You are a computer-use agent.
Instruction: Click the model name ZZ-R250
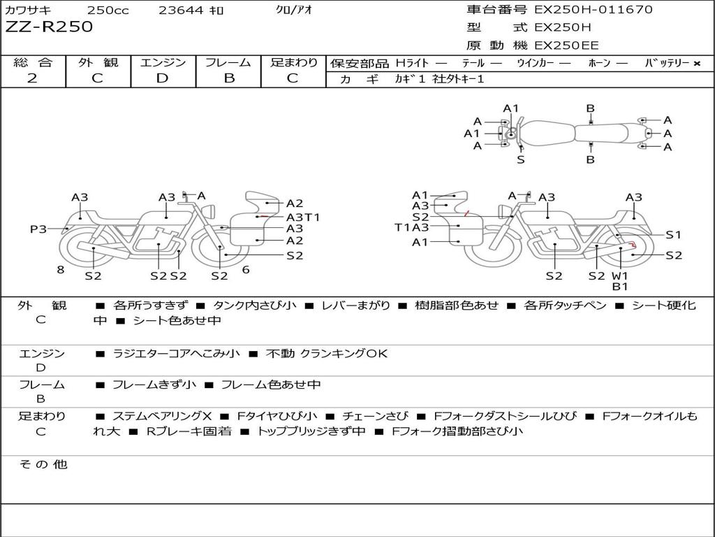pyautogui.click(x=49, y=27)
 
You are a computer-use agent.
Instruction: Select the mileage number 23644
pyautogui.click(x=180, y=10)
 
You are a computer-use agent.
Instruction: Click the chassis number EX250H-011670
pyautogui.click(x=593, y=10)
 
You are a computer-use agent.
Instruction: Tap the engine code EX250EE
pyautogui.click(x=566, y=46)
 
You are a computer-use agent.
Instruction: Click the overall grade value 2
pyautogui.click(x=32, y=78)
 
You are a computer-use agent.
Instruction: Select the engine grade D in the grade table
pyautogui.click(x=163, y=78)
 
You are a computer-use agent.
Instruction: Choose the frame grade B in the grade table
pyautogui.click(x=228, y=78)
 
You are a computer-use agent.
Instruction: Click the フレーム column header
pyautogui.click(x=228, y=63)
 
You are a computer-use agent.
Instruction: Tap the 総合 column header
pyautogui.click(x=32, y=63)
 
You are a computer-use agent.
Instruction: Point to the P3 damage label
pyautogui.click(x=38, y=229)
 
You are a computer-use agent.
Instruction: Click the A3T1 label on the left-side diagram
pyautogui.click(x=303, y=217)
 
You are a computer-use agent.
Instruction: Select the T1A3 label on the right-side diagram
pyautogui.click(x=411, y=227)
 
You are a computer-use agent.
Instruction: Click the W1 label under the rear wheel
pyautogui.click(x=620, y=275)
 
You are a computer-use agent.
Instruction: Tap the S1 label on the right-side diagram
pyautogui.click(x=673, y=235)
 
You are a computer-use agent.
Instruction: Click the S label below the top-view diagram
pyautogui.click(x=521, y=159)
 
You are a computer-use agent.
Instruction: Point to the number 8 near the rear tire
pyautogui.click(x=61, y=269)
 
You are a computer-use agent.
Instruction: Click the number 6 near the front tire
pyautogui.click(x=246, y=269)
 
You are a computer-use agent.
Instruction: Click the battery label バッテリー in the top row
pyautogui.click(x=667, y=63)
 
